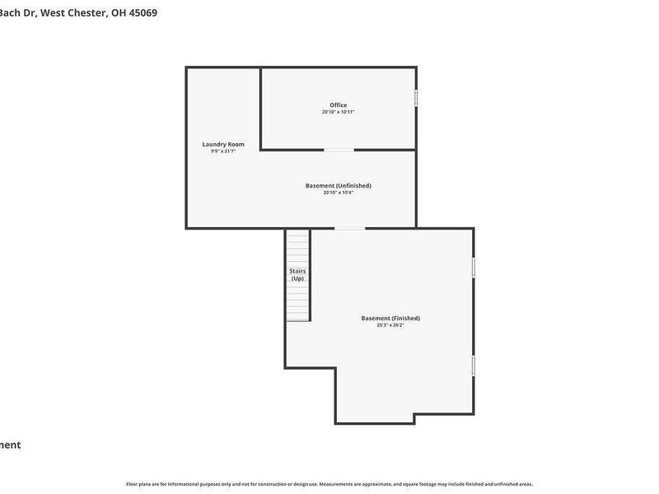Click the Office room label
(x=338, y=105)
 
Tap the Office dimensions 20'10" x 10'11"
(x=338, y=112)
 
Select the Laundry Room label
(x=223, y=144)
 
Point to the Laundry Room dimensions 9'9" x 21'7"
(x=223, y=151)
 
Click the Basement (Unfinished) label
(x=338, y=185)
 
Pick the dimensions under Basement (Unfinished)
(x=338, y=193)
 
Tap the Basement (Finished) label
(x=390, y=318)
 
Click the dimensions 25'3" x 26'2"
(x=390, y=325)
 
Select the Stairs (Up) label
(x=297, y=274)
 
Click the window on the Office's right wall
(x=416, y=98)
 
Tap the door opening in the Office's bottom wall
(x=339, y=150)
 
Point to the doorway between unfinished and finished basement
(x=349, y=228)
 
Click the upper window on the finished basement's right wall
(x=474, y=268)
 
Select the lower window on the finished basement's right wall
(x=474, y=366)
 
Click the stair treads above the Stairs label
(x=297, y=247)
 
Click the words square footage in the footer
(x=420, y=484)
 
